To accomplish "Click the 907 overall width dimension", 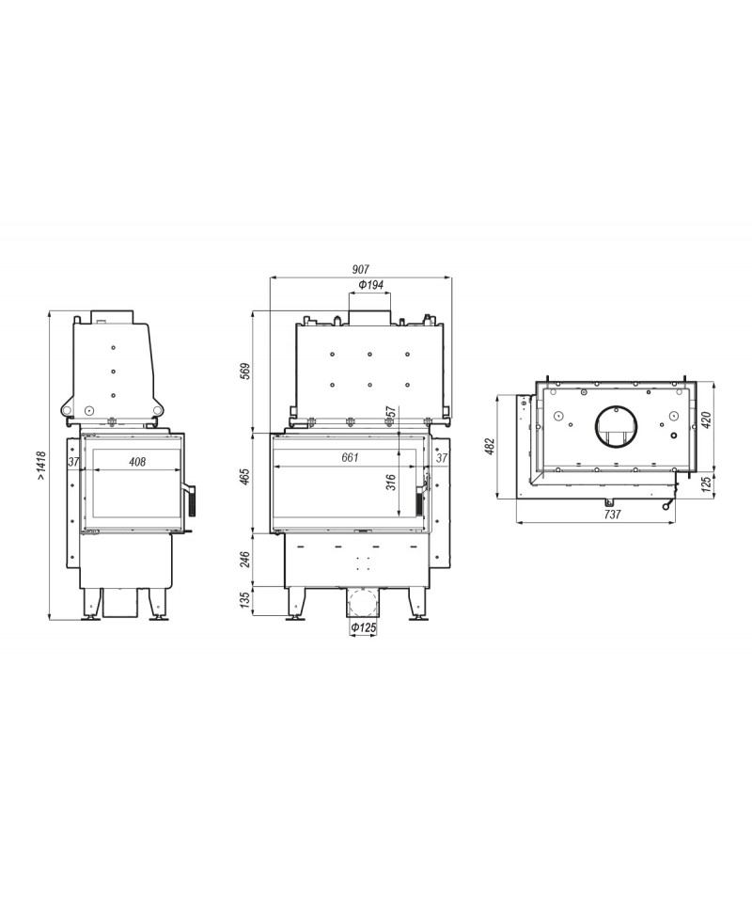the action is click(x=361, y=269).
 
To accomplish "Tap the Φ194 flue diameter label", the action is click(x=370, y=285).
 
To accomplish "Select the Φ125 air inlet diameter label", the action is click(x=363, y=627).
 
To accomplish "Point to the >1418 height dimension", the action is click(x=40, y=467).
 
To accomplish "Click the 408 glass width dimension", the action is click(x=137, y=462).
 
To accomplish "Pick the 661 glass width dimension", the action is click(x=350, y=458).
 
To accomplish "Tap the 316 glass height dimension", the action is click(x=391, y=482).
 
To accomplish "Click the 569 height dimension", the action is click(x=244, y=372).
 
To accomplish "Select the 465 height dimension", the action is click(x=244, y=478).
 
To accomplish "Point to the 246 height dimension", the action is click(x=244, y=559).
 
